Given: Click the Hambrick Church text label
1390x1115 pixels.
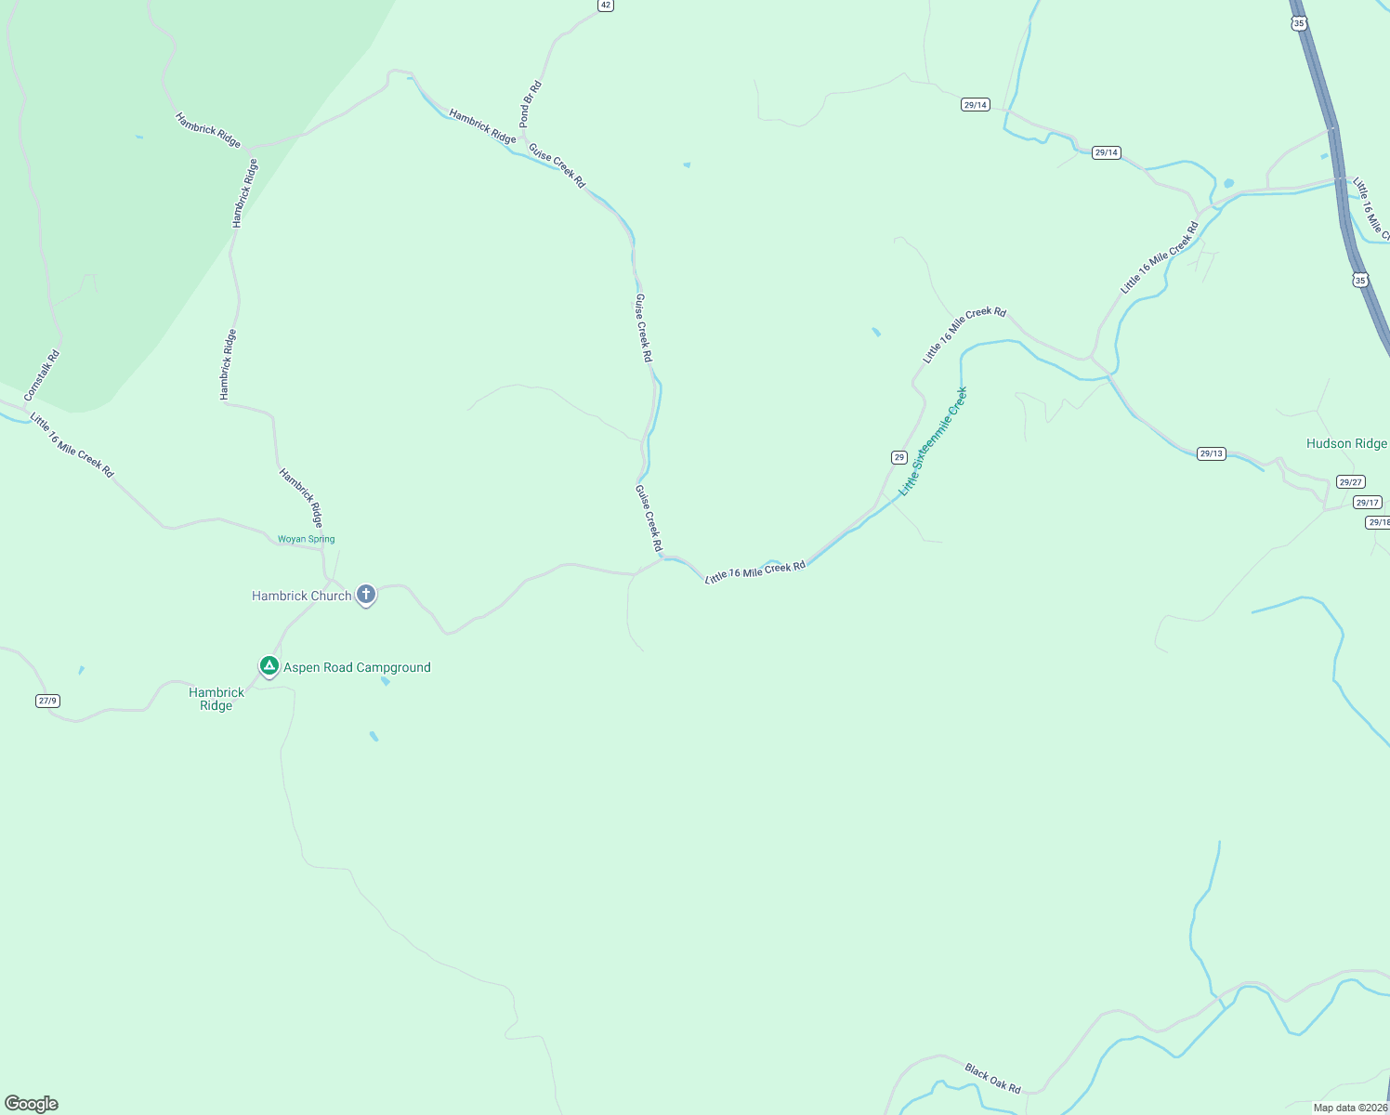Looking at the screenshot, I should click(301, 596).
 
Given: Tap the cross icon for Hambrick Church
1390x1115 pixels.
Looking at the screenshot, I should click(366, 594).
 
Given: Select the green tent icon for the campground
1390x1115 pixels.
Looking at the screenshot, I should click(269, 665).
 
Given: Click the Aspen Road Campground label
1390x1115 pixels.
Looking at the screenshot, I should click(357, 667).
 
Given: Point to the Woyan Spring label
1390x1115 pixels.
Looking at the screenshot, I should click(306, 539).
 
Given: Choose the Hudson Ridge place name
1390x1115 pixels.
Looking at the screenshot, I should click(1345, 443).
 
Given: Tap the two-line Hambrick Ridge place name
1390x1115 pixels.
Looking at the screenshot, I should click(216, 699).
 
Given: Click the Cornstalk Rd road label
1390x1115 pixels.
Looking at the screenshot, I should click(42, 375).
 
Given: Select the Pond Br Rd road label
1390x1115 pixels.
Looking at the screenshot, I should click(530, 104).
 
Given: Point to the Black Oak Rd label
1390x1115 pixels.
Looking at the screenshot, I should click(992, 1078).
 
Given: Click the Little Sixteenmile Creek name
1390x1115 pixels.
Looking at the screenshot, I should click(933, 440).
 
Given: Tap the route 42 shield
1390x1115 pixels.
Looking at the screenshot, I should click(606, 6).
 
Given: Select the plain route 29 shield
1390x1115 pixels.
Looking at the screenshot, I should click(898, 457).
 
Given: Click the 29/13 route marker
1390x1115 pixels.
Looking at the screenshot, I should click(1211, 453).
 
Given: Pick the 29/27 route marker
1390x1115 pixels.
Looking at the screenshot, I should click(1350, 481).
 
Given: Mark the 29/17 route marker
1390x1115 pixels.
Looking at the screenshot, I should click(1367, 503).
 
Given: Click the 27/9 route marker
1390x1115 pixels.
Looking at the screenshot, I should click(47, 701).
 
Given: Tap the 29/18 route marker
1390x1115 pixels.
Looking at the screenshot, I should click(1378, 522).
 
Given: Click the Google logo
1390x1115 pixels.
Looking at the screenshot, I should click(32, 1104).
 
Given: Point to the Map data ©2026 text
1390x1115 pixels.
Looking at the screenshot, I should click(1349, 1108).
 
